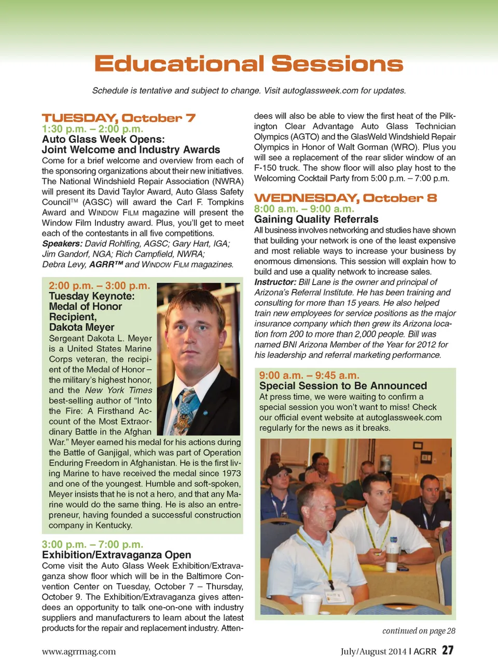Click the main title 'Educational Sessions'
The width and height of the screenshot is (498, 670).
tap(248, 64)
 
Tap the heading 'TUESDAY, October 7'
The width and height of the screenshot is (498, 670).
tap(118, 118)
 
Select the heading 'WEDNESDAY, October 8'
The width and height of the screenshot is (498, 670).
tap(345, 198)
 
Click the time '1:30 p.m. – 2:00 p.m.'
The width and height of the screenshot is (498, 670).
tap(92, 129)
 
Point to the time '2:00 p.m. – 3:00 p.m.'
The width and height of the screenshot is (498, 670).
tap(99, 286)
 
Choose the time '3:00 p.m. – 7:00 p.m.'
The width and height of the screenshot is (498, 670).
tap(92, 544)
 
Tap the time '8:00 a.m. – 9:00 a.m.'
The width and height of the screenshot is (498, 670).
tap(303, 209)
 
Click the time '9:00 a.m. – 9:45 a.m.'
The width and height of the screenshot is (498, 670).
tap(309, 375)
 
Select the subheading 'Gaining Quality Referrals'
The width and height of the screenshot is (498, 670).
tap(316, 219)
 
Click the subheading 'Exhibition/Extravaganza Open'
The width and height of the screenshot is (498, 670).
tap(116, 555)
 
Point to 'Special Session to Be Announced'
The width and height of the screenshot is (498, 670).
tap(343, 386)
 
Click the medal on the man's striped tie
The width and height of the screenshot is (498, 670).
tap(185, 419)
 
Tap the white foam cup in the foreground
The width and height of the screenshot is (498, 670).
tap(312, 604)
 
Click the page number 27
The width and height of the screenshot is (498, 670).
tap(448, 650)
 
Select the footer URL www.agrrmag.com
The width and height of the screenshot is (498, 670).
tap(79, 651)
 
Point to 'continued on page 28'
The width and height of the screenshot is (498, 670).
tap(419, 631)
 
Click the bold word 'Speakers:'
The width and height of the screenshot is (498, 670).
tap(62, 244)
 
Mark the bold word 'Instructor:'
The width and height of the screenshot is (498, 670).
tap(275, 282)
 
